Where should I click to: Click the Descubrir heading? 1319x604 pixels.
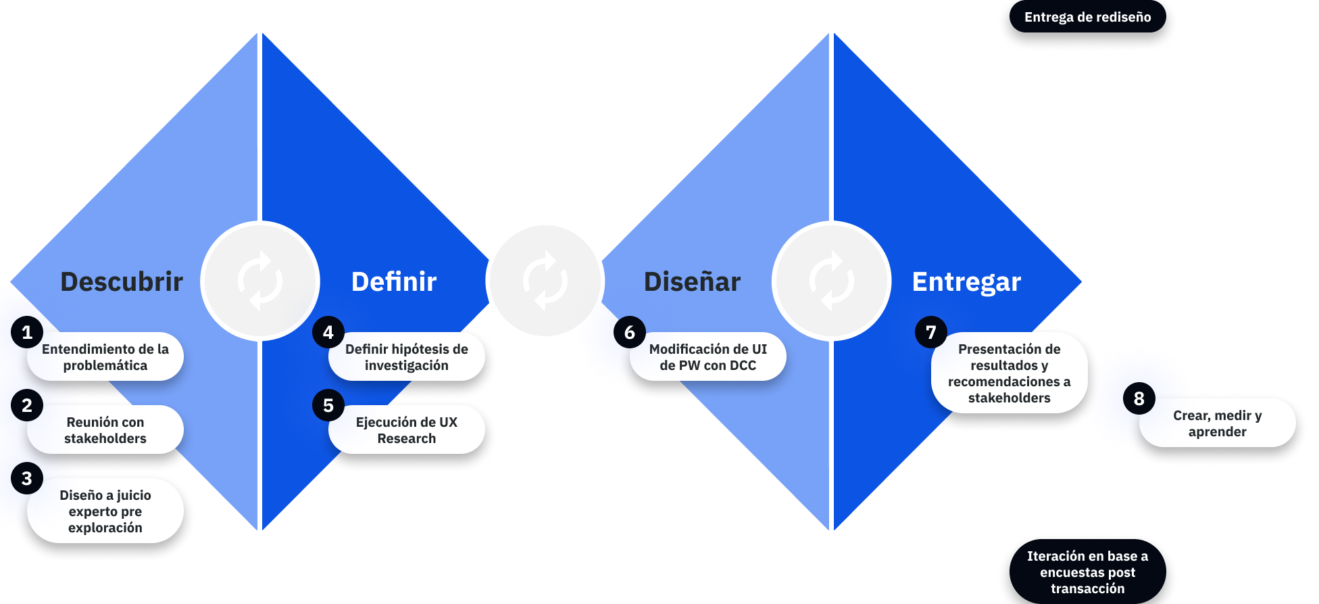point(122,281)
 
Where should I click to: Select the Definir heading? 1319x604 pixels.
point(394,281)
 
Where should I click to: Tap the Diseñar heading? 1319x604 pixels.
point(692,281)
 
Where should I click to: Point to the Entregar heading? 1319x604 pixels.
point(966,281)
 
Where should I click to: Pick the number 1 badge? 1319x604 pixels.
point(27,332)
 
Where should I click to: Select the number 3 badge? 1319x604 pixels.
point(27,478)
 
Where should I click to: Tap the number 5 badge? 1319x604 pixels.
point(328,405)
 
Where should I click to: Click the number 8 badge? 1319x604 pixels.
point(1139,398)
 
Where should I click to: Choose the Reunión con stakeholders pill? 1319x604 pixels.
point(105,430)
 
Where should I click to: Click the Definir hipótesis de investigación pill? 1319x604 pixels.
point(407,357)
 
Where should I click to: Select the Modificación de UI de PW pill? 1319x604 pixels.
point(708,357)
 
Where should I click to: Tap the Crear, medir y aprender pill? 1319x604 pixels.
point(1217,423)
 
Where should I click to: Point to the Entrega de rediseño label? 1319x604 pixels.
point(1087,17)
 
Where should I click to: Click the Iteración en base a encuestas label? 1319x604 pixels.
point(1087,572)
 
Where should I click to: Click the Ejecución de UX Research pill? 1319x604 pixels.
point(407,430)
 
